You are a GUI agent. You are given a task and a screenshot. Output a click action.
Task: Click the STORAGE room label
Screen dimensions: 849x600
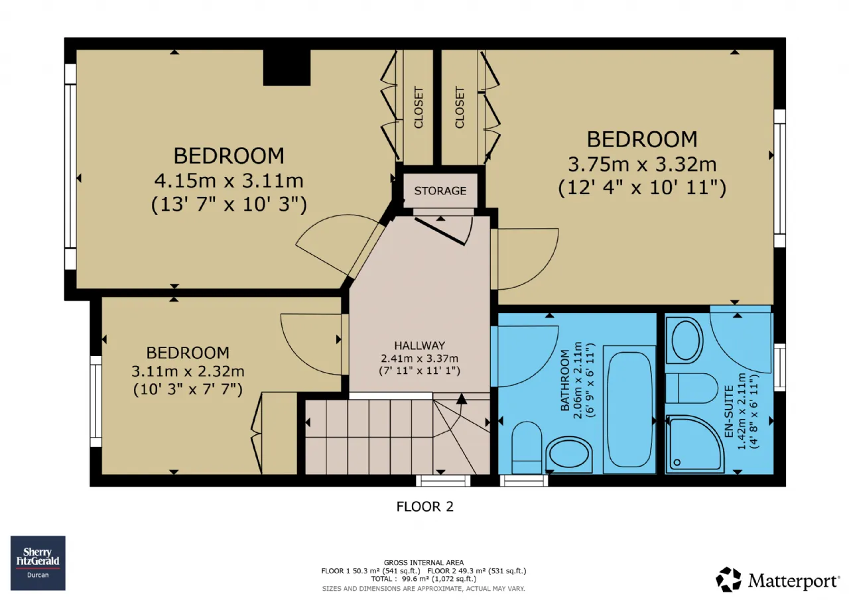(440, 190)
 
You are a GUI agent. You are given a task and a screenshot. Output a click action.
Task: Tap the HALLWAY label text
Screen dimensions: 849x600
(420, 345)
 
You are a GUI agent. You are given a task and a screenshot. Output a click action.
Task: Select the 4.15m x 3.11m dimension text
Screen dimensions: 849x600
(229, 181)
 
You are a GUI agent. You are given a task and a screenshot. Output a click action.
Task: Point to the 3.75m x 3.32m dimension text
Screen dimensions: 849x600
(642, 164)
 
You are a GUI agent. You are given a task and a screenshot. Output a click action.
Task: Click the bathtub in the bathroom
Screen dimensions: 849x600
(629, 410)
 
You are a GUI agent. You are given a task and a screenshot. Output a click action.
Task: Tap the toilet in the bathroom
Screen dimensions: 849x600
(527, 448)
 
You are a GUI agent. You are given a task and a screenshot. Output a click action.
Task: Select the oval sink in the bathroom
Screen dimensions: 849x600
(569, 455)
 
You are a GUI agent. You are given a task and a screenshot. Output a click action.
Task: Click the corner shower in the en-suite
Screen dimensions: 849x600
(694, 444)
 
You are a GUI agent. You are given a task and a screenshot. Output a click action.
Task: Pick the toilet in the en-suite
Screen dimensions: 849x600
(692, 389)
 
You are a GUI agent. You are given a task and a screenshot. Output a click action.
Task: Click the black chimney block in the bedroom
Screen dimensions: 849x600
(287, 68)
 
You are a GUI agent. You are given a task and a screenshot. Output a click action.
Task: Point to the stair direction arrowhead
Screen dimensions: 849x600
(461, 398)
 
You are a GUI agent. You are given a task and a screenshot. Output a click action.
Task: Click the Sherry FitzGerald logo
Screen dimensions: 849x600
(38, 563)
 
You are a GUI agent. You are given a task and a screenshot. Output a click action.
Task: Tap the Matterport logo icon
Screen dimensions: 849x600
(728, 579)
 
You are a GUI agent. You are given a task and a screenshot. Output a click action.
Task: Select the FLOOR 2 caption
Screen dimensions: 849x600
(425, 507)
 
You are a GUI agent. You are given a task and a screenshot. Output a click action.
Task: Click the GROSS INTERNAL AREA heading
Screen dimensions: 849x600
(424, 563)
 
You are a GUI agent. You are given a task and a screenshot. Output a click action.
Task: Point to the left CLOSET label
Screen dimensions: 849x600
(419, 107)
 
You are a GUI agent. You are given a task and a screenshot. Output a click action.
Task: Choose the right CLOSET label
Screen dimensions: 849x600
(460, 107)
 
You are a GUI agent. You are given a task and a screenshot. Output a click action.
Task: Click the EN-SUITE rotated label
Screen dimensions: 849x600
(729, 411)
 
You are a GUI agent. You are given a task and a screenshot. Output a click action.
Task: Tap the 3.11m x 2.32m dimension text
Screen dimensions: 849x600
(188, 371)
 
